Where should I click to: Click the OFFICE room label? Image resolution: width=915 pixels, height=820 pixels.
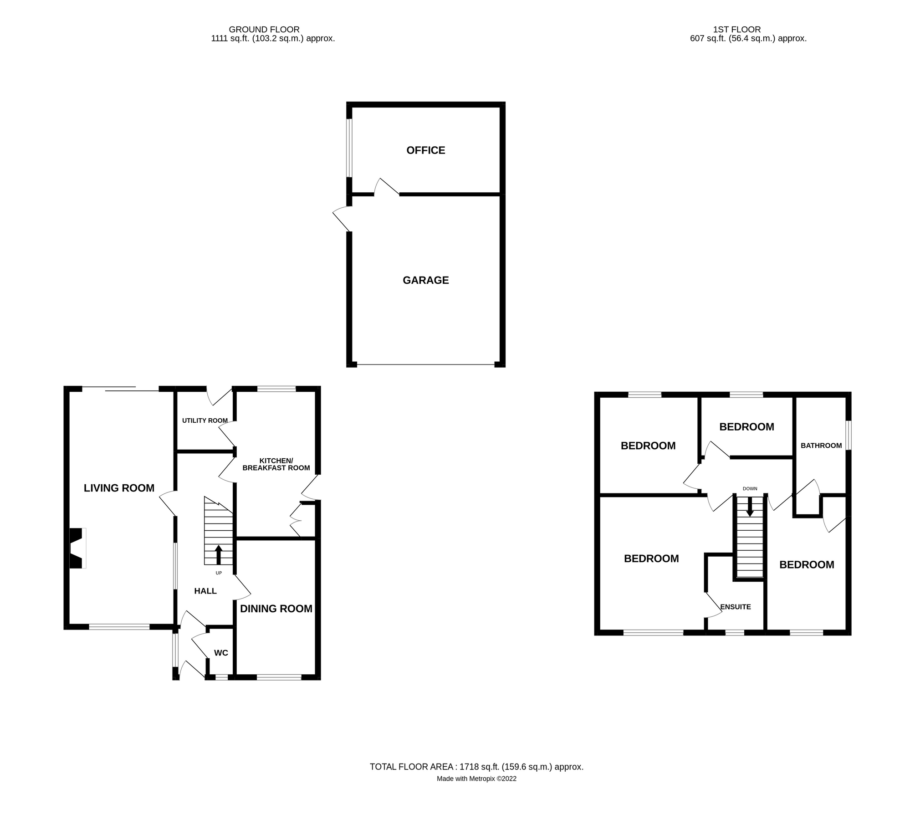coord(425,150)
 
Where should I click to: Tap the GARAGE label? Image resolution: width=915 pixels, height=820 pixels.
coord(425,280)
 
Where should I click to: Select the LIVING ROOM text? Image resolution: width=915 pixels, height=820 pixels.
coord(119,488)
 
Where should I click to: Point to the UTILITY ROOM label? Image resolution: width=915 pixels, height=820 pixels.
coord(204,420)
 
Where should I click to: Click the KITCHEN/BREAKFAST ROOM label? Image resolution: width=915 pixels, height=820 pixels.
coord(276,464)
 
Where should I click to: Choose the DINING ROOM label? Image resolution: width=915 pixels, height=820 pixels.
coord(276,609)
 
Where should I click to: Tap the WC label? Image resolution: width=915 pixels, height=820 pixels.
coord(221,653)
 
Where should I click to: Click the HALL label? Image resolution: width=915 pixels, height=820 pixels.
coord(205,591)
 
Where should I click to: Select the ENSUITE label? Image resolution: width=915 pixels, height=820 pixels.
coord(735,607)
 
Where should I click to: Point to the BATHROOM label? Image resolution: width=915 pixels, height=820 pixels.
coord(821,446)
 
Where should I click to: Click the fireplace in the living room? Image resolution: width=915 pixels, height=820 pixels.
coord(77,548)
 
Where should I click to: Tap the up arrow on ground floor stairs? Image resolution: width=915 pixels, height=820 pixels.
coord(218,554)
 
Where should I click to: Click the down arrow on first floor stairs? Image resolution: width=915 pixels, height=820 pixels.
coord(750,507)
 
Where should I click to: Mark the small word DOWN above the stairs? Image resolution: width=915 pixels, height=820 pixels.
coord(750,489)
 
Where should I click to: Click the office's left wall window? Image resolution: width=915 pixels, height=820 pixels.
coord(349,148)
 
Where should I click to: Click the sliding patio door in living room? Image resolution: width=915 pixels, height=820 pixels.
coord(121,388)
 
